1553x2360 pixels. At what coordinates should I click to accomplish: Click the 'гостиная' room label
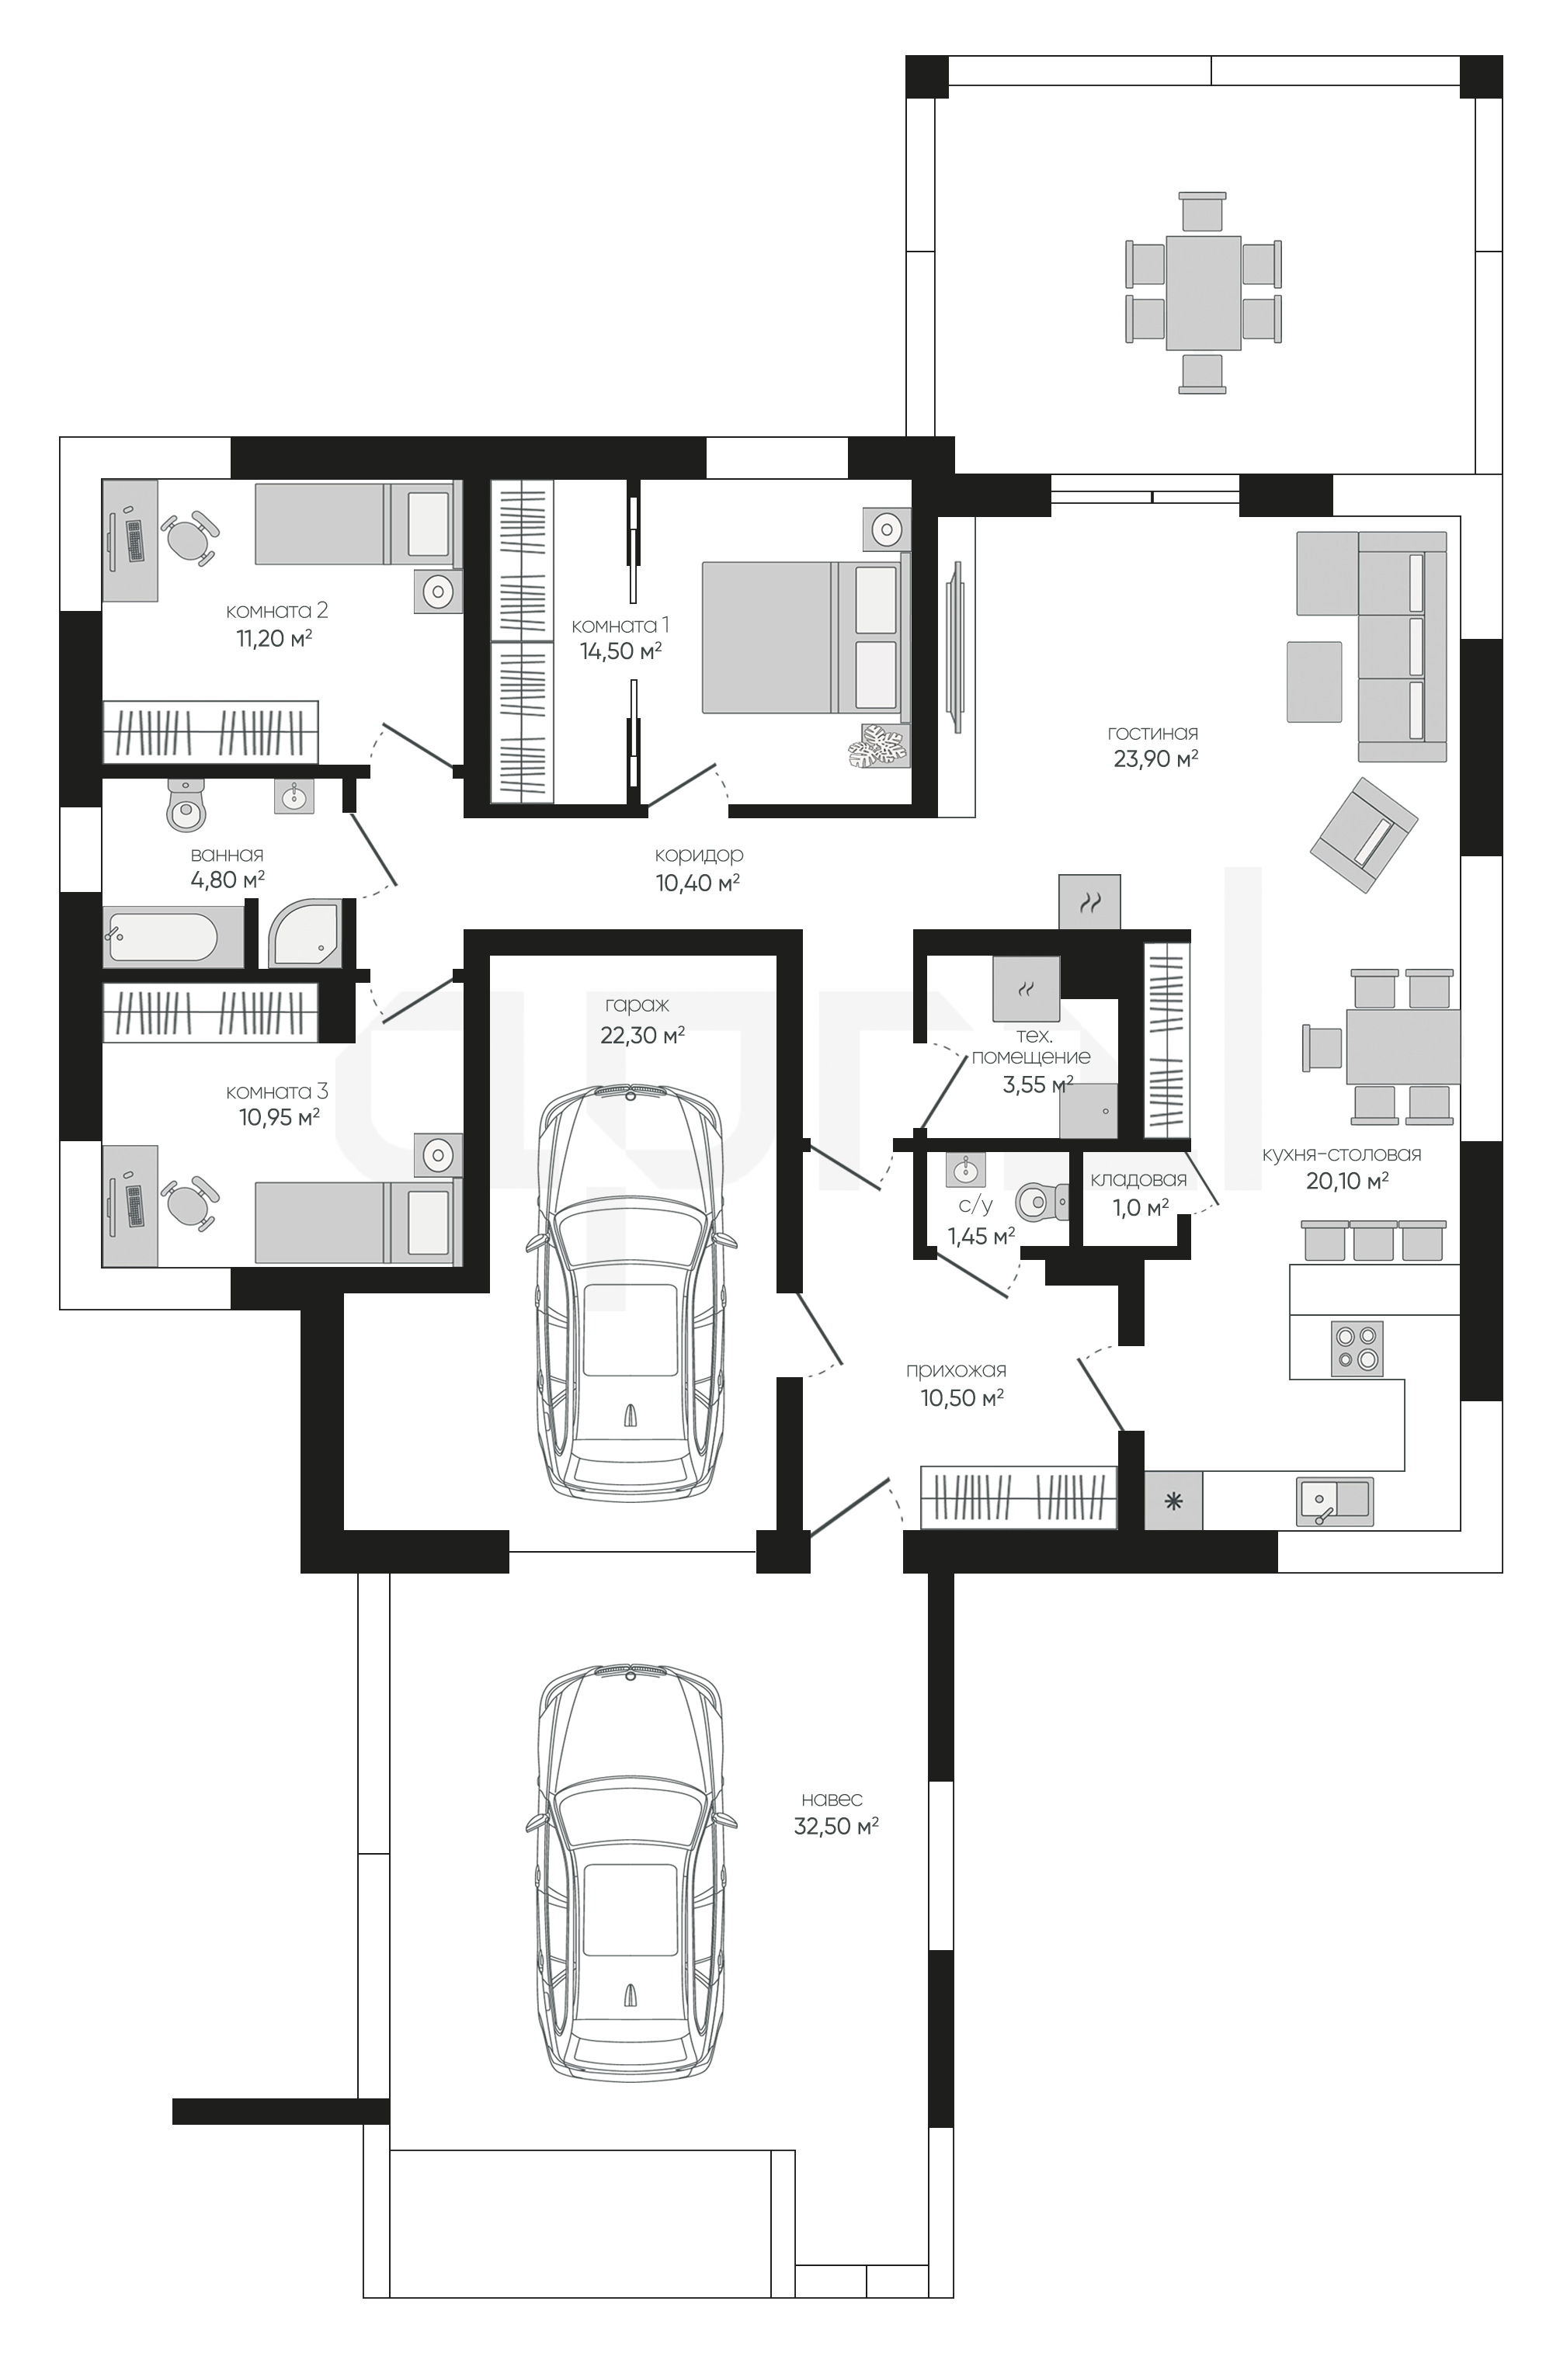pyautogui.click(x=1152, y=734)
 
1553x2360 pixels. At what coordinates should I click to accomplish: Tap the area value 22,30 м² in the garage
pyautogui.click(x=643, y=1036)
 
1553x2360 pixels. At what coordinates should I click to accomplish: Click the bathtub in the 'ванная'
pyautogui.click(x=173, y=938)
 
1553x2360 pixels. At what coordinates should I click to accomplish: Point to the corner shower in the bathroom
pyautogui.click(x=305, y=933)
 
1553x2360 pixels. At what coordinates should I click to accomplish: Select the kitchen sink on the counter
pyautogui.click(x=1335, y=1501)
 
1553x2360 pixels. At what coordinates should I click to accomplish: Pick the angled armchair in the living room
pyautogui.click(x=1364, y=835)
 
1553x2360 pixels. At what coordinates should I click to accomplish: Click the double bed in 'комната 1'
pyautogui.click(x=806, y=637)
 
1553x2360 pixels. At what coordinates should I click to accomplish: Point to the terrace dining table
pyautogui.click(x=1203, y=293)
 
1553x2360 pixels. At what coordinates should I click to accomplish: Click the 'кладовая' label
pyautogui.click(x=1138, y=1180)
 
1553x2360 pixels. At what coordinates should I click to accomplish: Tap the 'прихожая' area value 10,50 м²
pyautogui.click(x=963, y=1398)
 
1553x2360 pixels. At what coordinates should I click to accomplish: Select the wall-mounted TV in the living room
pyautogui.click(x=957, y=647)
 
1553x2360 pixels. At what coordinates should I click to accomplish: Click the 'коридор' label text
pyautogui.click(x=699, y=855)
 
